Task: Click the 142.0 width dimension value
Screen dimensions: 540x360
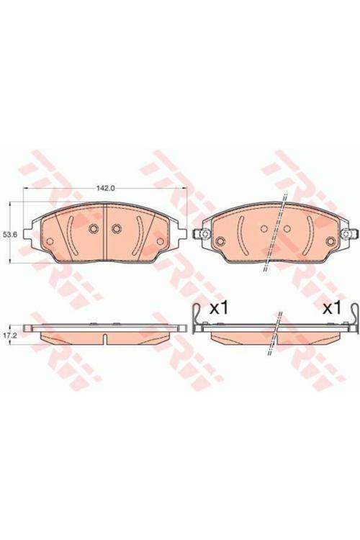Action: tap(106, 189)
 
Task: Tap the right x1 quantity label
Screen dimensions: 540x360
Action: tap(330, 309)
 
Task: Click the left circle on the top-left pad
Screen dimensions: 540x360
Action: tap(92, 230)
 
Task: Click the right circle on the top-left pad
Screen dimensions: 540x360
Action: tap(115, 230)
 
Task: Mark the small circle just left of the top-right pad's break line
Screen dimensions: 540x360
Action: tap(264, 230)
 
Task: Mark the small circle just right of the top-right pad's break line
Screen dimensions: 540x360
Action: tap(287, 230)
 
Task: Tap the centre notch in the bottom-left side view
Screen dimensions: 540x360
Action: tap(105, 338)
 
